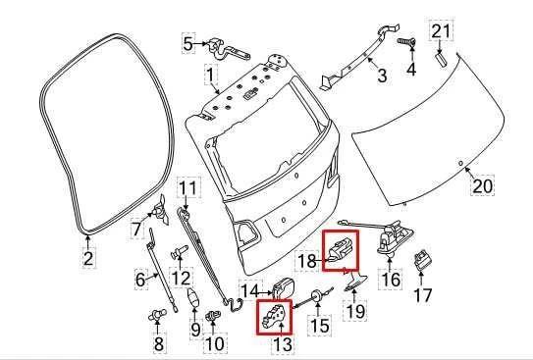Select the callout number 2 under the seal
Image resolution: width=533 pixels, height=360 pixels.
(87, 259)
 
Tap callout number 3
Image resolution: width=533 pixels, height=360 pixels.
(382, 75)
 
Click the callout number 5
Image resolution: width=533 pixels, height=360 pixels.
(187, 43)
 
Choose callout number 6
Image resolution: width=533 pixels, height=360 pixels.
(140, 280)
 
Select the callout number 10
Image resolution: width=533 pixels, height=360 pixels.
(215, 343)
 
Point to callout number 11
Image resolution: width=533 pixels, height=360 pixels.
(187, 186)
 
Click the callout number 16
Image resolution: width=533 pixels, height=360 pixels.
(391, 280)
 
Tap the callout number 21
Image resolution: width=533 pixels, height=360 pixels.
(442, 32)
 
